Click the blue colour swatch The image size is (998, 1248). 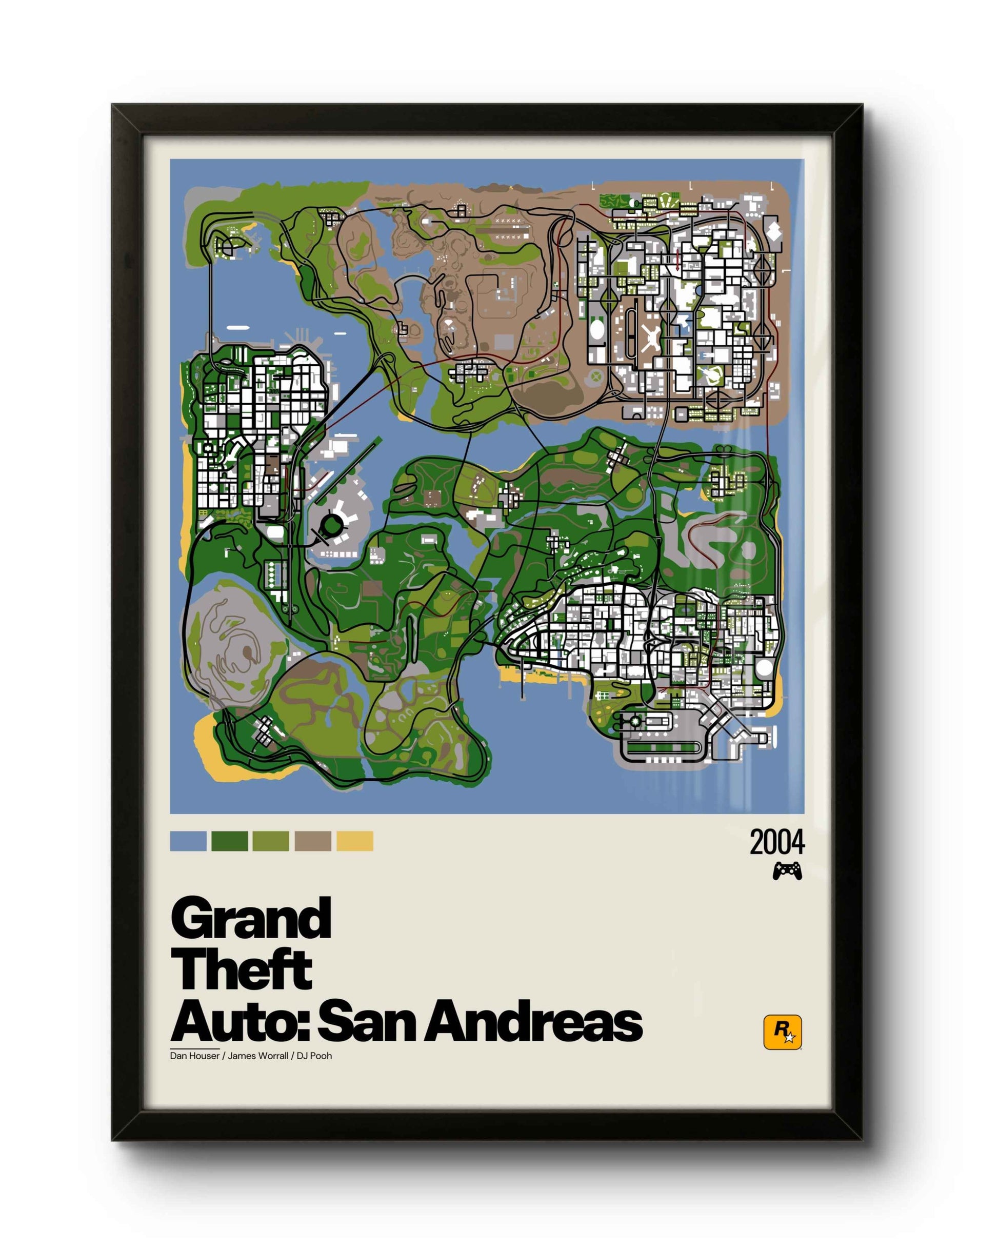[188, 841]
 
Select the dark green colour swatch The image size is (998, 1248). [229, 841]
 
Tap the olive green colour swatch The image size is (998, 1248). [270, 841]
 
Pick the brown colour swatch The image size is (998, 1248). [313, 841]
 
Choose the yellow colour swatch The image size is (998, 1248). [354, 841]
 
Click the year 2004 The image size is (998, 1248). [777, 843]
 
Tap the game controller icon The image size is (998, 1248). [787, 870]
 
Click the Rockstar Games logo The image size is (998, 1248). [782, 1032]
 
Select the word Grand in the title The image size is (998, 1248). [251, 919]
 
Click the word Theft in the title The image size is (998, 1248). [242, 970]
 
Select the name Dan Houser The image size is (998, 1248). [194, 1056]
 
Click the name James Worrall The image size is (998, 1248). [258, 1056]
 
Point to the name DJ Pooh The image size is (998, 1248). [314, 1056]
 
